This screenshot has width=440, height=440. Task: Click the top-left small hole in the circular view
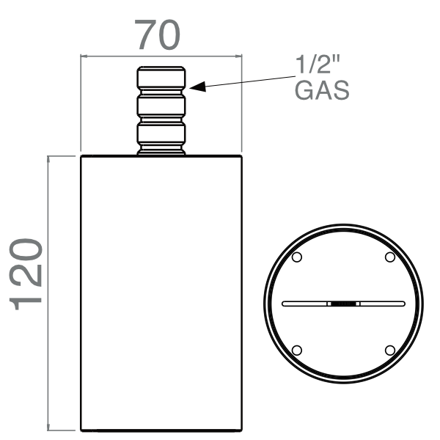click(297, 257)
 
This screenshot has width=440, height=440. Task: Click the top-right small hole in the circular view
click(389, 257)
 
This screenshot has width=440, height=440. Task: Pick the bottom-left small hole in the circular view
click(297, 349)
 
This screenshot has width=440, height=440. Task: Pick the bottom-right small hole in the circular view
click(389, 349)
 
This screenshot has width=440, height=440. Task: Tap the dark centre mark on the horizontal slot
click(343, 303)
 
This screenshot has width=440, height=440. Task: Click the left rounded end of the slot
click(285, 303)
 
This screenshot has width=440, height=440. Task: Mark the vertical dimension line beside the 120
click(48, 293)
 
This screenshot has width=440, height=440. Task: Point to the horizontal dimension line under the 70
click(161, 55)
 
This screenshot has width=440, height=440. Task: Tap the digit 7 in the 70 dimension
click(144, 34)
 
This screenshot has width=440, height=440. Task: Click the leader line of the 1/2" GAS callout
click(242, 81)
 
